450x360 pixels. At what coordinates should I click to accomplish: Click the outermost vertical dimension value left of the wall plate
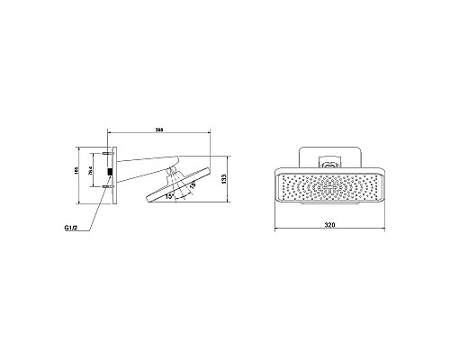[78, 176]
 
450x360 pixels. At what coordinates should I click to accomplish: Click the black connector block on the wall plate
[110, 169]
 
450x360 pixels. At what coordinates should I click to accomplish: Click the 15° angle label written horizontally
[170, 202]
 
